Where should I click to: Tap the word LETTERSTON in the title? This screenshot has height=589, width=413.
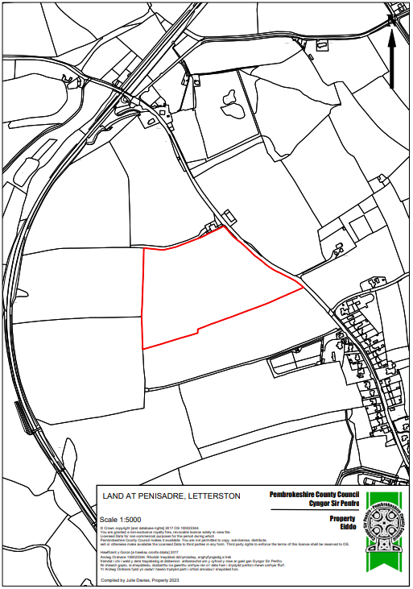click(213, 496)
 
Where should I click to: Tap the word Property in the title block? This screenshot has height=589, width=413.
click(344, 519)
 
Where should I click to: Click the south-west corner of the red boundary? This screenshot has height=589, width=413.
click(142, 348)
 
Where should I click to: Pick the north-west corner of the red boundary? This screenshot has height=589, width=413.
click(143, 250)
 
